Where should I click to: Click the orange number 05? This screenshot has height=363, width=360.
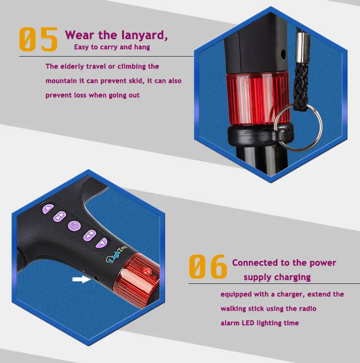[x=38, y=39]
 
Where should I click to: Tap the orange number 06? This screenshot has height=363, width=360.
[x=208, y=267]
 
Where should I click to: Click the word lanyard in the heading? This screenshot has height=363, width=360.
[x=144, y=35]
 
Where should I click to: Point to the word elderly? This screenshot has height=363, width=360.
[x=72, y=67]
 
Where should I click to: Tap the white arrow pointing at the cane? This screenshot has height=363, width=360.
[x=82, y=280]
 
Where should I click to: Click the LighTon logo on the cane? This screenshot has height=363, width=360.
[x=117, y=255]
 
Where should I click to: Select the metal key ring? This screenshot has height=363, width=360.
[x=298, y=127]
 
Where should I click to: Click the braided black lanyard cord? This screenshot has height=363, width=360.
[x=301, y=86]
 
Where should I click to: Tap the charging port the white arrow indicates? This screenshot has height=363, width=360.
[x=96, y=279]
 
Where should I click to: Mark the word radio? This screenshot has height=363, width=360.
[x=308, y=309]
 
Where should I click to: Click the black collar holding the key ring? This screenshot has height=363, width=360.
[x=260, y=134]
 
